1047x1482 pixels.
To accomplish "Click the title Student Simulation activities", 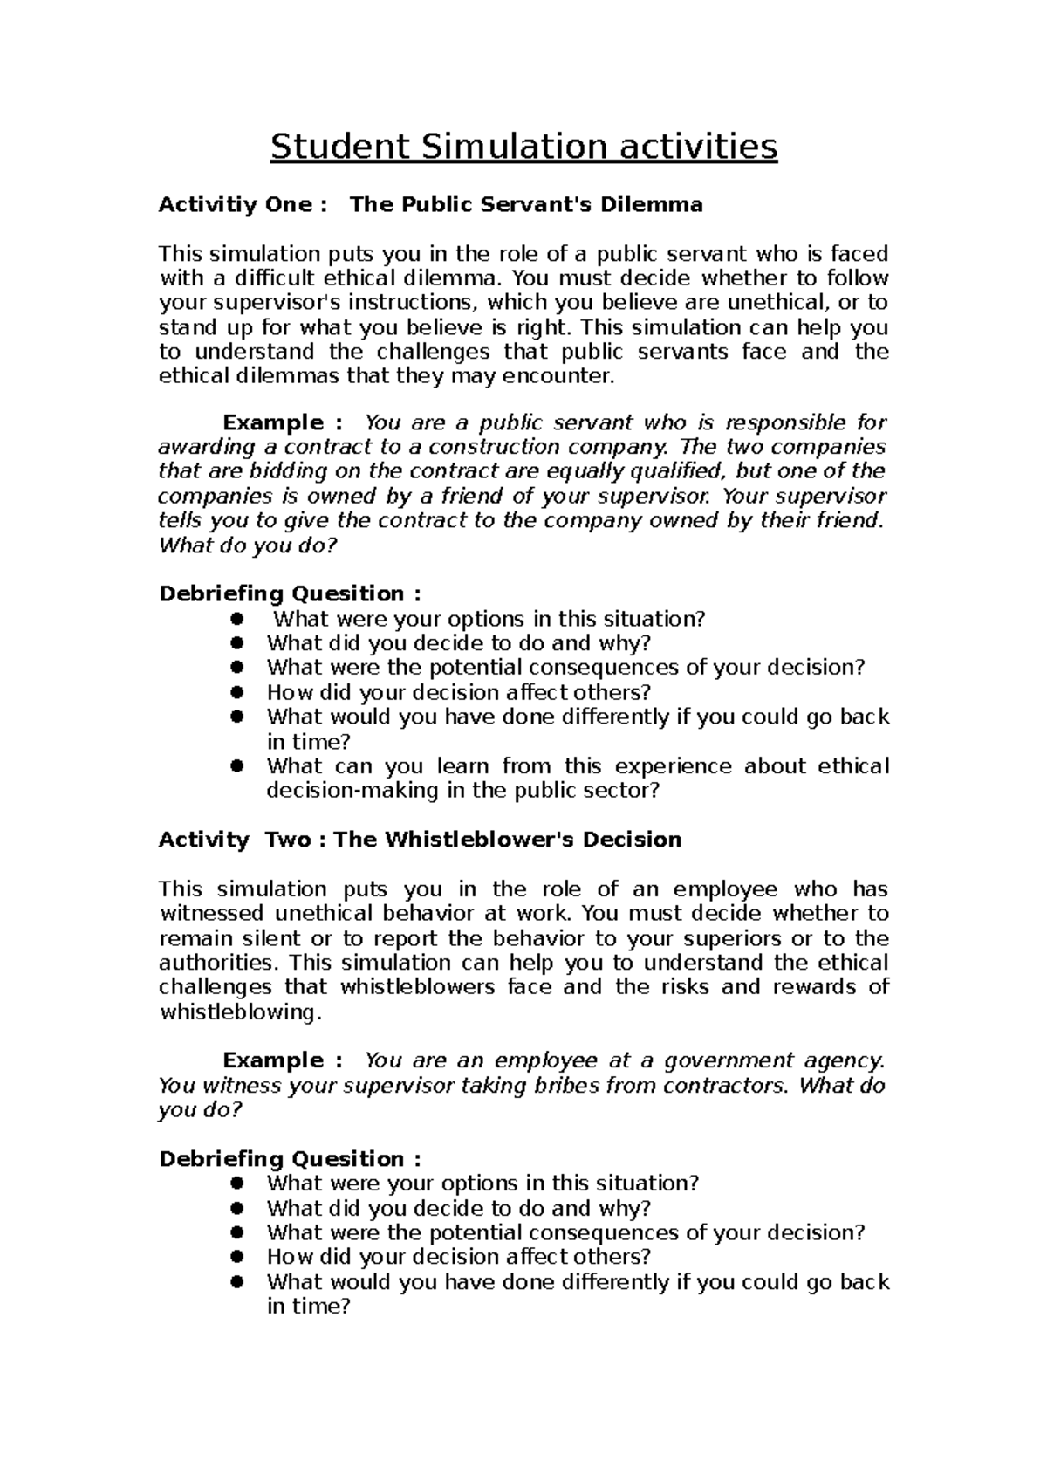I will click(x=523, y=147).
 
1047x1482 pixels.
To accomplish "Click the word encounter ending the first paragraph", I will click(x=566, y=377).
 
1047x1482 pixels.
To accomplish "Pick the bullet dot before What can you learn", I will click(x=236, y=766).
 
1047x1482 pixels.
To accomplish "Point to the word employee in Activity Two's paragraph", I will click(x=718, y=889).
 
